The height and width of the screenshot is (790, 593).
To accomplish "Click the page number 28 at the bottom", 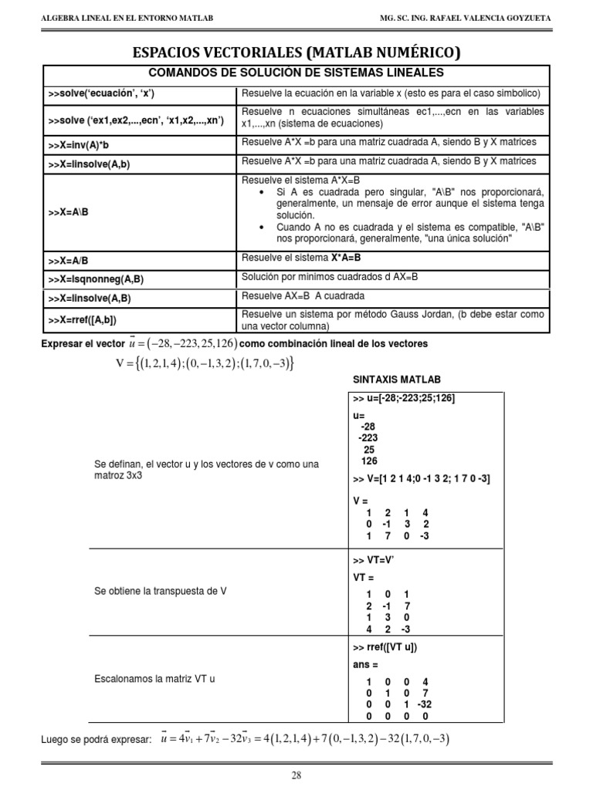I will pos(296,776).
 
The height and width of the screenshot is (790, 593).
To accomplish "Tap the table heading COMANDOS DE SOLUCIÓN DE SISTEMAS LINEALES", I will pos(296,73).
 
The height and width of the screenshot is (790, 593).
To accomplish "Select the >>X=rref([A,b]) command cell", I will pos(87,319).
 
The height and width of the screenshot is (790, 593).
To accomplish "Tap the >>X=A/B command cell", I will pos(68,260).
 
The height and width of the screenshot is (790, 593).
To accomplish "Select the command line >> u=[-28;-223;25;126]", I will pos(404,398).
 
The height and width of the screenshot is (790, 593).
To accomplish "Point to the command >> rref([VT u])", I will pos(390,647).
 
